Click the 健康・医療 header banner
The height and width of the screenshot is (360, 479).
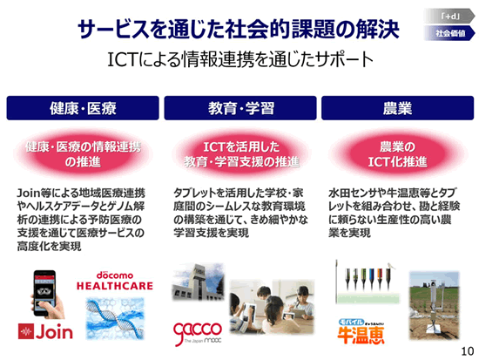[x=83, y=108]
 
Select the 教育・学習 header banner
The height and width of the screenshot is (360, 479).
[x=240, y=108]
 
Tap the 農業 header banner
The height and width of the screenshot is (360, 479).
[x=398, y=108]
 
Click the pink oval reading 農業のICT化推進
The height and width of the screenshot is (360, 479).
[x=397, y=154]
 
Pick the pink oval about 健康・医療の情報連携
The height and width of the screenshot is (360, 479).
[x=83, y=154]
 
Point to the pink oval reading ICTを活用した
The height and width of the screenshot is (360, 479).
[x=241, y=154]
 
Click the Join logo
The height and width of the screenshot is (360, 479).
[x=45, y=331]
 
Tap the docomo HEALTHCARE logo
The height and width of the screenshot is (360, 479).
[x=115, y=281]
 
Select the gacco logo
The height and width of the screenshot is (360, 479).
[x=198, y=333]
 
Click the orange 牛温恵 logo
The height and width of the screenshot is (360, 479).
[x=361, y=331]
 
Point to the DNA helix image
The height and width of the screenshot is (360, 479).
[x=115, y=318]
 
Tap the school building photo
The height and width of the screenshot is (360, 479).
[x=199, y=282]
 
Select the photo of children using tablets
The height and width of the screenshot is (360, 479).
[x=272, y=307]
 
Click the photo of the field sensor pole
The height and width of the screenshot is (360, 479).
[x=434, y=305]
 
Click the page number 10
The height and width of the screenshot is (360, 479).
[x=468, y=351]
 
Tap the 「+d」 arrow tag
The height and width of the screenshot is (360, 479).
[x=449, y=17]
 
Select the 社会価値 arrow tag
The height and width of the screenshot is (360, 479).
[x=449, y=33]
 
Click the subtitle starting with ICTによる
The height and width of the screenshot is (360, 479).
[x=240, y=59]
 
